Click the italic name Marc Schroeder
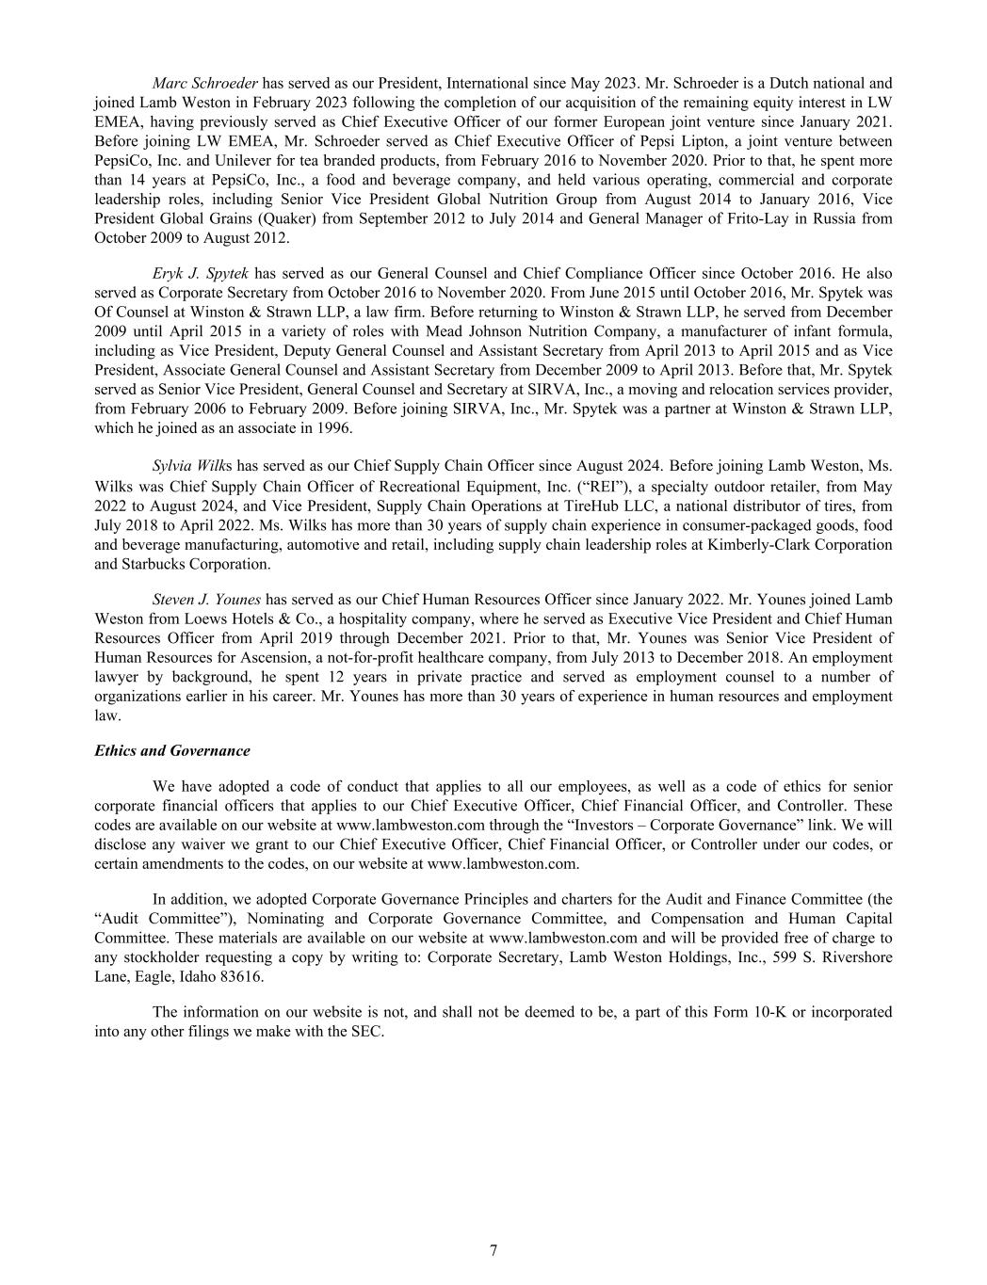click(x=204, y=83)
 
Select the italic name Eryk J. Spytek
click(x=200, y=274)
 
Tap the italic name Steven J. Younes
click(x=206, y=599)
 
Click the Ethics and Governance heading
click(x=172, y=750)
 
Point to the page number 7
click(x=493, y=1250)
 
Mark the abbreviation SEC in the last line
click(x=367, y=1031)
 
